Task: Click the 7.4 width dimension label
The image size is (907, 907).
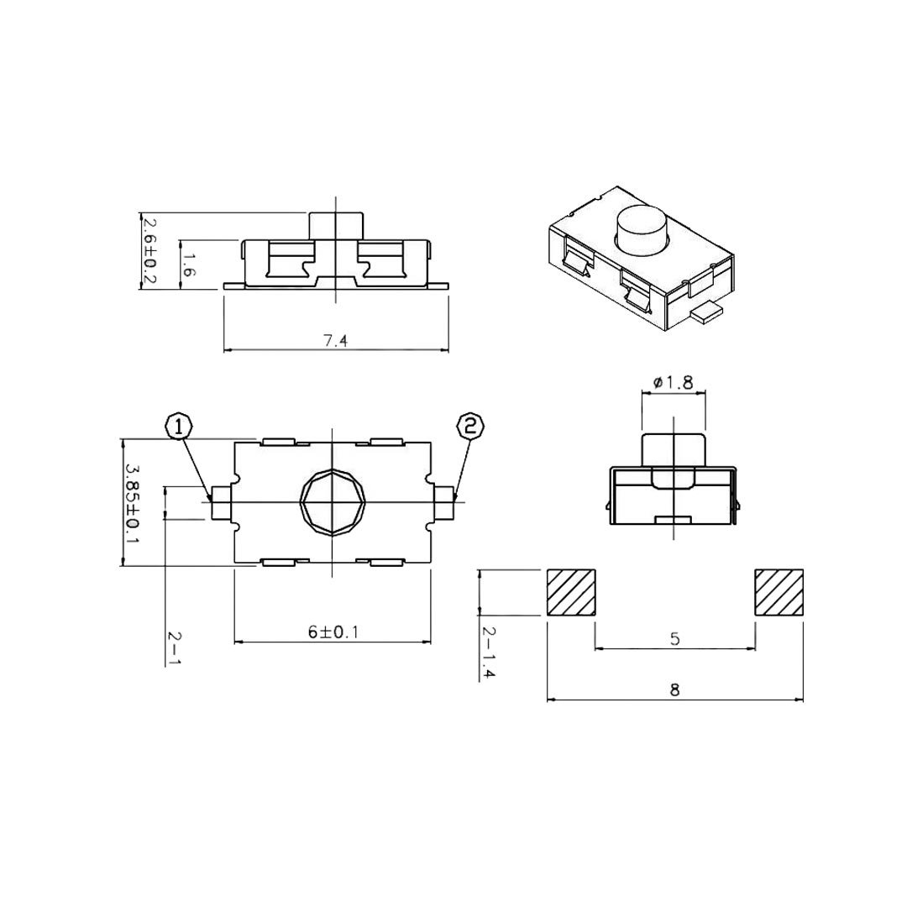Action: (x=335, y=341)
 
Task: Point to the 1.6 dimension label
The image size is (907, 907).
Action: (x=189, y=265)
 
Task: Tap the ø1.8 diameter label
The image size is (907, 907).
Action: (x=673, y=382)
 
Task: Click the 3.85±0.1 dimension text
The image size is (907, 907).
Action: (x=133, y=502)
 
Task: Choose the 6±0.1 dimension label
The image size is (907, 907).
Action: (x=333, y=632)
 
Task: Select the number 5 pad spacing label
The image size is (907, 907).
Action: (x=675, y=639)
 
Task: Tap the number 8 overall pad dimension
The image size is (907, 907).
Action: (x=674, y=689)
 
